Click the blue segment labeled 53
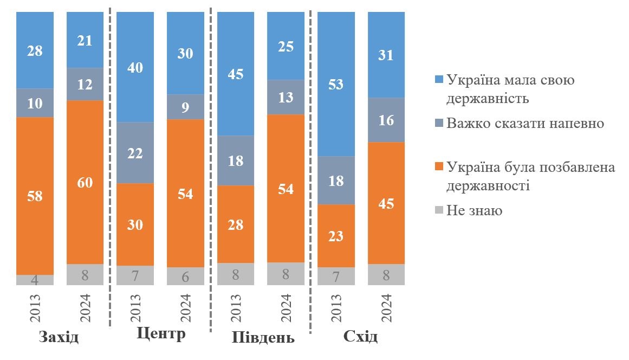tap(336, 84)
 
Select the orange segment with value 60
tap(85, 182)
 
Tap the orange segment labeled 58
tap(35, 196)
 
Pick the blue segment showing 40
tap(135, 67)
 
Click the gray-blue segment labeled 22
tap(135, 153)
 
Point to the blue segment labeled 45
tap(236, 74)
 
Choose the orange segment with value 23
tap(336, 236)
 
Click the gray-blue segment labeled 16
tap(386, 120)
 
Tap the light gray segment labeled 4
tap(35, 280)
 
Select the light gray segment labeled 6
tap(185, 276)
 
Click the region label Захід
tap(59, 337)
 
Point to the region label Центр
tap(161, 333)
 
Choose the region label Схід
tap(360, 337)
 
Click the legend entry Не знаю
tap(474, 210)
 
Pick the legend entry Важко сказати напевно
tap(524, 124)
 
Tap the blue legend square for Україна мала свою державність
tap(439, 80)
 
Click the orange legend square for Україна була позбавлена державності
tap(439, 167)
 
